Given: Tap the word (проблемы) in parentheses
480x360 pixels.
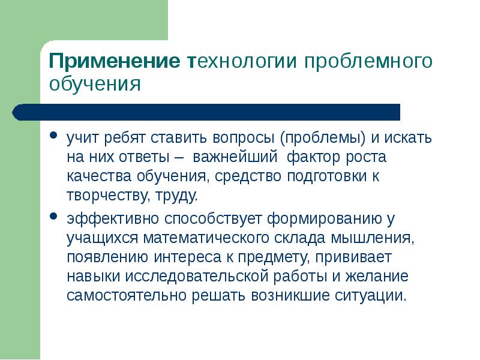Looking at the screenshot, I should (322, 137).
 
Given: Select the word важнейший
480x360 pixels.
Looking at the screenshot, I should (235, 157).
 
